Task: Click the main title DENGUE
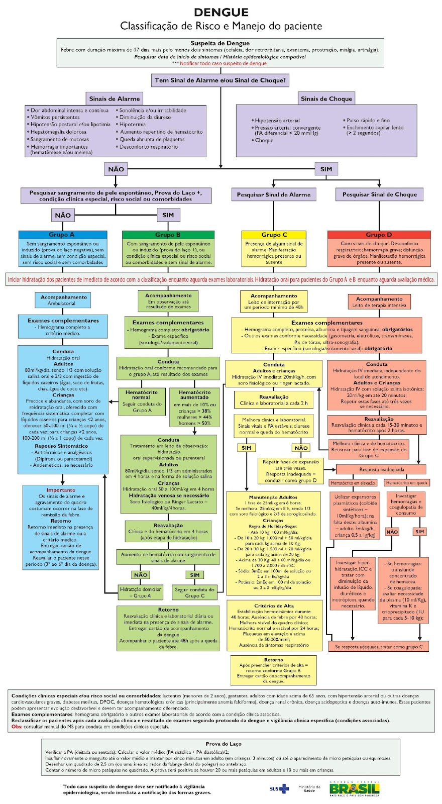pyautogui.click(x=221, y=13)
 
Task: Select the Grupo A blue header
pyautogui.click(x=62, y=235)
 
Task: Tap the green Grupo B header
pyautogui.click(x=168, y=235)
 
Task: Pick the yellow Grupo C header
pyautogui.click(x=274, y=235)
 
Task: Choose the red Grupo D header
pyautogui.click(x=379, y=235)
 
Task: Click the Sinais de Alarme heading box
pyautogui.click(x=115, y=98)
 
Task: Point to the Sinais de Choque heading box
pyautogui.click(x=326, y=98)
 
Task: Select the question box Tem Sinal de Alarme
pyautogui.click(x=220, y=80)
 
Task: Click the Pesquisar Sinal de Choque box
pyautogui.click(x=379, y=194)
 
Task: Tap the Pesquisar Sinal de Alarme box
pyautogui.click(x=274, y=194)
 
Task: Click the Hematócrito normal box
pyautogui.click(x=141, y=401)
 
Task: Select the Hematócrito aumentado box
pyautogui.click(x=194, y=407)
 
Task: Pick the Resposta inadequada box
pyautogui.click(x=381, y=469)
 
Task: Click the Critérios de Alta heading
pyautogui.click(x=274, y=606)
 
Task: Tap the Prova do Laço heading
pyautogui.click(x=224, y=744)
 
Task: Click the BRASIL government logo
pyautogui.click(x=354, y=788)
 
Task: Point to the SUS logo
pyautogui.click(x=279, y=788)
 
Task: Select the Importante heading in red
pyautogui.click(x=61, y=490)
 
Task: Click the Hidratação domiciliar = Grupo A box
pyautogui.click(x=141, y=592)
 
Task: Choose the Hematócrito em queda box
pyautogui.click(x=407, y=482)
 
